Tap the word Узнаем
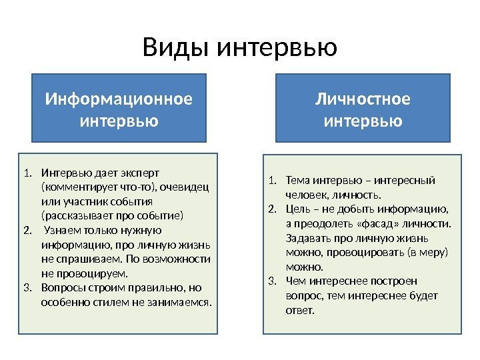pos(62,230)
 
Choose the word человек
pos(305,195)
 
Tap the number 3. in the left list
pos(27,287)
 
